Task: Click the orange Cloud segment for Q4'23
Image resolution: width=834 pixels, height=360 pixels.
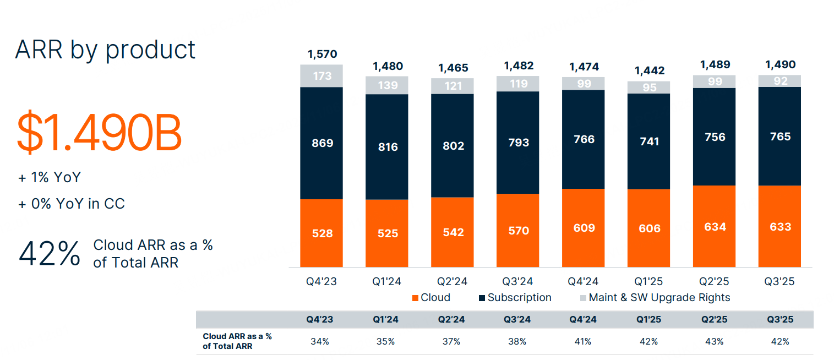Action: coord(321,233)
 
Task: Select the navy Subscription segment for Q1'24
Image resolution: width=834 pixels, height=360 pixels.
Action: coord(387,147)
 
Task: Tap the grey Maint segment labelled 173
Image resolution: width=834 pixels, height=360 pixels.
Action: coord(321,76)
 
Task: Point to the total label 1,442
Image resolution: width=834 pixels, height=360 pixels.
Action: coord(650,70)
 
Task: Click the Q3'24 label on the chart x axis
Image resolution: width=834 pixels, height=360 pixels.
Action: coord(518,281)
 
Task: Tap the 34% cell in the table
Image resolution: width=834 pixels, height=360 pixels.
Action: coord(320,341)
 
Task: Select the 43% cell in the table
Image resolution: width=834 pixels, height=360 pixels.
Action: coord(715,341)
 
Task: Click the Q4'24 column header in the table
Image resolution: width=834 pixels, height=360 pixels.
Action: coord(583,319)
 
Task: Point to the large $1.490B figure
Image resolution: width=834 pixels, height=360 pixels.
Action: coord(99,133)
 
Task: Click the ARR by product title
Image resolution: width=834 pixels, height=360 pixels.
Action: coord(105,50)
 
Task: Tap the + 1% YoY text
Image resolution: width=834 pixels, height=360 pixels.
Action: coord(50,177)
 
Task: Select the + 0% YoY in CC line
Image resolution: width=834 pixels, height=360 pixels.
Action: coord(72,204)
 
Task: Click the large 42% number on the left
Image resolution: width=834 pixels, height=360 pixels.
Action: coord(50,254)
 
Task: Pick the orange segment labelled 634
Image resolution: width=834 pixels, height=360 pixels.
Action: coord(715,226)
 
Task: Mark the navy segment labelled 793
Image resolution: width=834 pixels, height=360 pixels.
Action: coord(518,143)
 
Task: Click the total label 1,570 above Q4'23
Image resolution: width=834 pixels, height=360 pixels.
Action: coord(322,54)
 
